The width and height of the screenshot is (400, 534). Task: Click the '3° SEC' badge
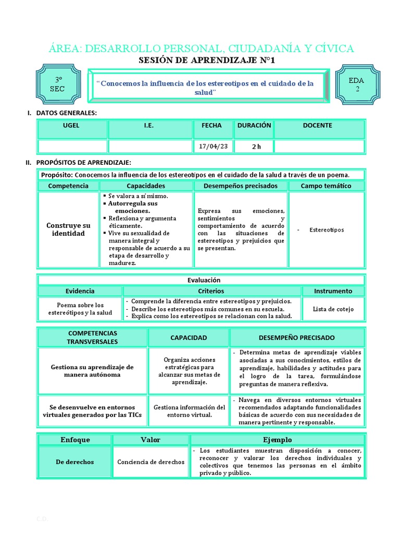coord(57,84)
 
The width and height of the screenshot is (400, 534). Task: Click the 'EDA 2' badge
coord(357,84)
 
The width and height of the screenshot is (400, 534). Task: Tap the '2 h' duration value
coord(256,147)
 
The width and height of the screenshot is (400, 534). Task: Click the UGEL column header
coord(71,126)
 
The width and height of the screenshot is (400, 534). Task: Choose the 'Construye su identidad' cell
coord(68,229)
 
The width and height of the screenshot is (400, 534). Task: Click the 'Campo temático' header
coord(326,186)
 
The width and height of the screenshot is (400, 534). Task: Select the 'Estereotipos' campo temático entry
coord(327,229)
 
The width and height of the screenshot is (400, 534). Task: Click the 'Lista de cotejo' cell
coord(333,309)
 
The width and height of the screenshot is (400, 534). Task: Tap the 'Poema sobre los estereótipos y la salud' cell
coord(80,309)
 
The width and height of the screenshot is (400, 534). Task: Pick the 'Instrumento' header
coord(333,291)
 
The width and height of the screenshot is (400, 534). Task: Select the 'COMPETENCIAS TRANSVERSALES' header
coord(92,337)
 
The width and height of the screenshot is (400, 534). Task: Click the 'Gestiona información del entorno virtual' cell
coord(188,411)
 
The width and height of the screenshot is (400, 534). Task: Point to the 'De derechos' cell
coord(75,462)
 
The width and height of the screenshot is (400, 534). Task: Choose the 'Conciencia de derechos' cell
coord(151,462)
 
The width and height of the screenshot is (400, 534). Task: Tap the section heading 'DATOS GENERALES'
coord(66,113)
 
